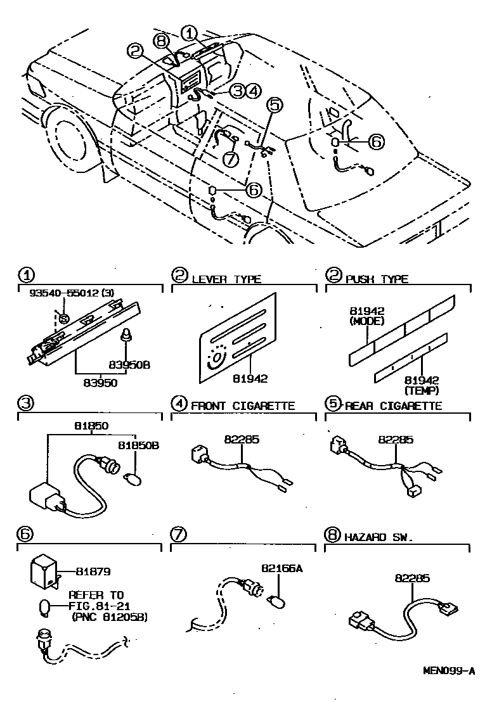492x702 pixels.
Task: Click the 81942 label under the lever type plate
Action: (250, 379)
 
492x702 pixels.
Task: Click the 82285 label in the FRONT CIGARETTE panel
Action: (237, 438)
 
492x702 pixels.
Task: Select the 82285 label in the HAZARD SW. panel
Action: (412, 578)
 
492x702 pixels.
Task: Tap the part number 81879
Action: (93, 571)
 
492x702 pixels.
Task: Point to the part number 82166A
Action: (282, 568)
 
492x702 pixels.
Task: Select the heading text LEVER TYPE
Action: (226, 279)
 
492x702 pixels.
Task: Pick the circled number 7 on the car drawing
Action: (230, 159)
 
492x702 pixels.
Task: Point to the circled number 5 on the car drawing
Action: (272, 105)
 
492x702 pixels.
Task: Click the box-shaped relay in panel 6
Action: (44, 572)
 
